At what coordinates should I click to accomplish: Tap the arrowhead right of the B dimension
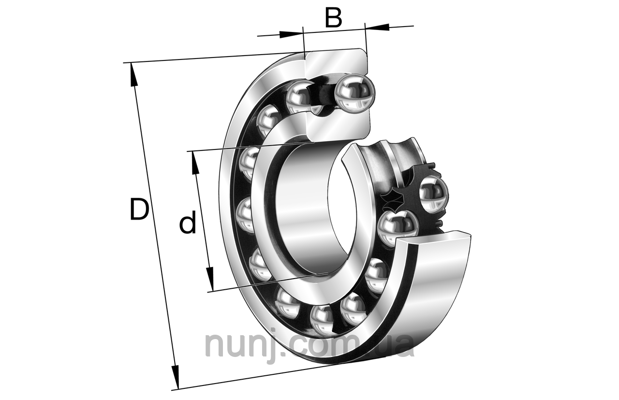tap(377, 28)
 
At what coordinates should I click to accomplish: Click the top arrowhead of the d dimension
tap(195, 162)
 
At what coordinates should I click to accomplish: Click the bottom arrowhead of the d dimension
tap(209, 280)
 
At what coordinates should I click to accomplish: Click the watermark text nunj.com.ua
tap(309, 344)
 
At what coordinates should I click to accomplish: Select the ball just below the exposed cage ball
tap(398, 227)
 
